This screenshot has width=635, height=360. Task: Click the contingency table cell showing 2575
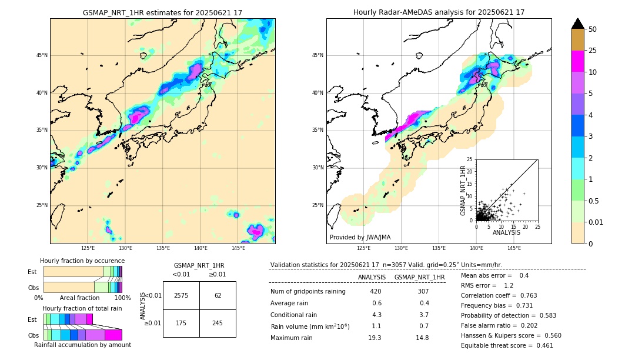pyautogui.click(x=181, y=295)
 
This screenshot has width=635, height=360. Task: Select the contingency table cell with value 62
pyautogui.click(x=218, y=295)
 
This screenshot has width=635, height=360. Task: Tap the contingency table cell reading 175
pyautogui.click(x=181, y=323)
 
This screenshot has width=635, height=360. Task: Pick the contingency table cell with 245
pyautogui.click(x=218, y=323)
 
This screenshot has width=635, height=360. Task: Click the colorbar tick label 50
pyautogui.click(x=593, y=29)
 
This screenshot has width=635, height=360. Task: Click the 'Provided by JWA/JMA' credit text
pyautogui.click(x=360, y=238)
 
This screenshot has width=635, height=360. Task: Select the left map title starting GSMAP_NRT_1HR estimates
pyautogui.click(x=162, y=12)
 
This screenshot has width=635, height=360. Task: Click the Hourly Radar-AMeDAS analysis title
pyautogui.click(x=439, y=12)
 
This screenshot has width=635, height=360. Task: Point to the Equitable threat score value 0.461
pyautogui.click(x=541, y=345)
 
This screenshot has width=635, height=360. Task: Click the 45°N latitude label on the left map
pyautogui.click(x=42, y=55)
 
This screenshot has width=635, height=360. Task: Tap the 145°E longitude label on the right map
pyautogui.click(x=514, y=248)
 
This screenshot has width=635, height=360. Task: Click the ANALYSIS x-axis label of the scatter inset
pyautogui.click(x=506, y=232)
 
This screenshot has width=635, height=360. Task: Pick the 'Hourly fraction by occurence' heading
pyautogui.click(x=82, y=261)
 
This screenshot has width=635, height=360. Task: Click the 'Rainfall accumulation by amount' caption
pyautogui.click(x=82, y=345)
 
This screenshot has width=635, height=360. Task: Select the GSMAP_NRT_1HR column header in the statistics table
pyautogui.click(x=419, y=277)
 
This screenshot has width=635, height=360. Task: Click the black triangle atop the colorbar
pyautogui.click(x=578, y=24)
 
